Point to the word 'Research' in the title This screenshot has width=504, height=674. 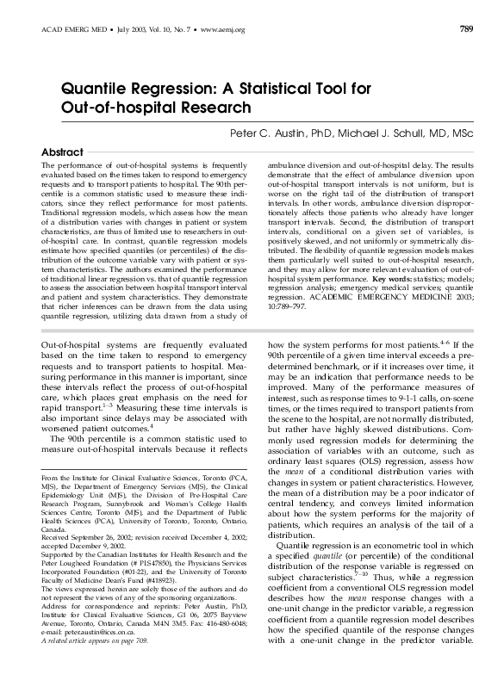pyautogui.click(x=209, y=108)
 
